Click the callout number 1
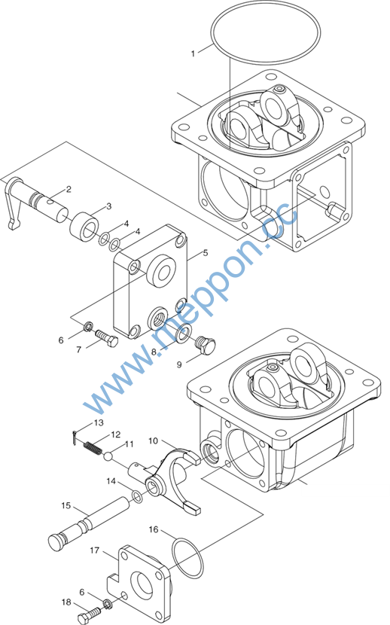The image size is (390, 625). click(x=193, y=53)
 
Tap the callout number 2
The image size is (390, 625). click(x=69, y=189)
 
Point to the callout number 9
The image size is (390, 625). click(x=179, y=364)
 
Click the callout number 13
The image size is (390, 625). click(x=99, y=422)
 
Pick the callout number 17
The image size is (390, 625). click(x=94, y=550)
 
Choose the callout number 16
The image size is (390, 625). click(x=154, y=529)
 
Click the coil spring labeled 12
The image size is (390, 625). click(x=92, y=447)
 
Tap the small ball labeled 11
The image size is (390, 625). click(x=108, y=456)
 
